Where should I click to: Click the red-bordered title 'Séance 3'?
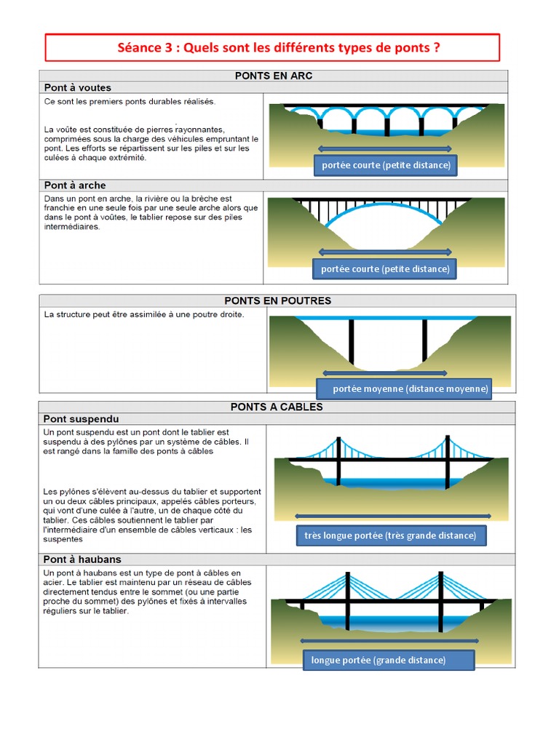272,48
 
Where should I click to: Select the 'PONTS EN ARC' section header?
273,76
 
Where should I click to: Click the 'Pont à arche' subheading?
75,186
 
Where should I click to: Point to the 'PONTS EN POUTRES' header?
277,300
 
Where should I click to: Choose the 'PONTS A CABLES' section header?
276,407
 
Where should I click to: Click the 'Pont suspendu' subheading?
81,419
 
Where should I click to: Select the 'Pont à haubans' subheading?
82,559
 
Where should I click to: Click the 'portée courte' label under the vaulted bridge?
386,165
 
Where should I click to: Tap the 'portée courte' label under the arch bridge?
385,269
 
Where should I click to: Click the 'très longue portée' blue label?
390,535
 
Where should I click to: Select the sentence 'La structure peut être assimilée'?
144,315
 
